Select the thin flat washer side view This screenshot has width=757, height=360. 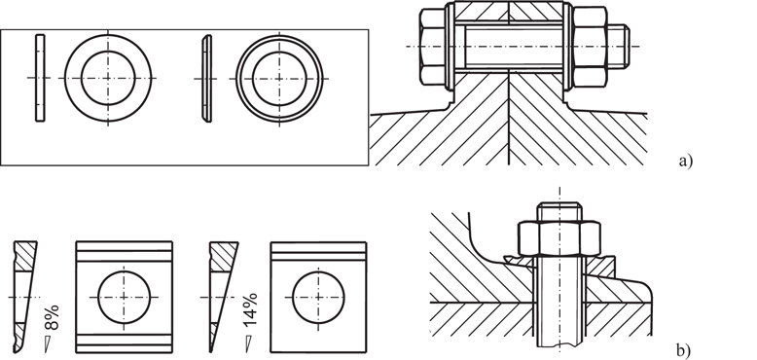[39, 77]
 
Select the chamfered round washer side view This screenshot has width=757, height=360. [206, 77]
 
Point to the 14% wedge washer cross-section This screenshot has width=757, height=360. [219, 292]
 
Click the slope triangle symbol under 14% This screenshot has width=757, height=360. [248, 342]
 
